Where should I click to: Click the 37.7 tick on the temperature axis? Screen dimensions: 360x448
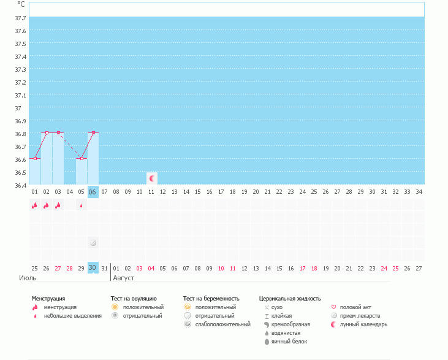[20, 18]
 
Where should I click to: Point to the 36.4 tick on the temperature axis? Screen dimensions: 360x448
[20, 185]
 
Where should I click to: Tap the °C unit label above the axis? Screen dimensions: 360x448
[21, 4]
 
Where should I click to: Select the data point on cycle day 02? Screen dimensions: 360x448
[47, 132]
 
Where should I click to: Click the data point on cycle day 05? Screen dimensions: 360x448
[82, 158]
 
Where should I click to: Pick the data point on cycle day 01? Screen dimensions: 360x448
[35, 158]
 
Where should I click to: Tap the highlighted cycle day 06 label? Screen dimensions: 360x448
[93, 192]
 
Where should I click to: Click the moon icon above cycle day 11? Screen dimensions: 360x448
[152, 178]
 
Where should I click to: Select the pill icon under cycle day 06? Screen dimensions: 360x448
[93, 243]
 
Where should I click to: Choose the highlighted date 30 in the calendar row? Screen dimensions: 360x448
[93, 268]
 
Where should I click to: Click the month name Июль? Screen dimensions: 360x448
[28, 278]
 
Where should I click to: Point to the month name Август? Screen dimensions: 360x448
[123, 278]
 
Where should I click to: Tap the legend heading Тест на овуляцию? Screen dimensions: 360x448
[134, 299]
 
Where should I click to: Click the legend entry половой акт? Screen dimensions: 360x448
[355, 307]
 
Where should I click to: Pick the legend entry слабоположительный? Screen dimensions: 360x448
[222, 324]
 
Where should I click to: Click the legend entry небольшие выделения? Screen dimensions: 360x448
[72, 316]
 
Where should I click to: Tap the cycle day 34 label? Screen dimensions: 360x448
[419, 192]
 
